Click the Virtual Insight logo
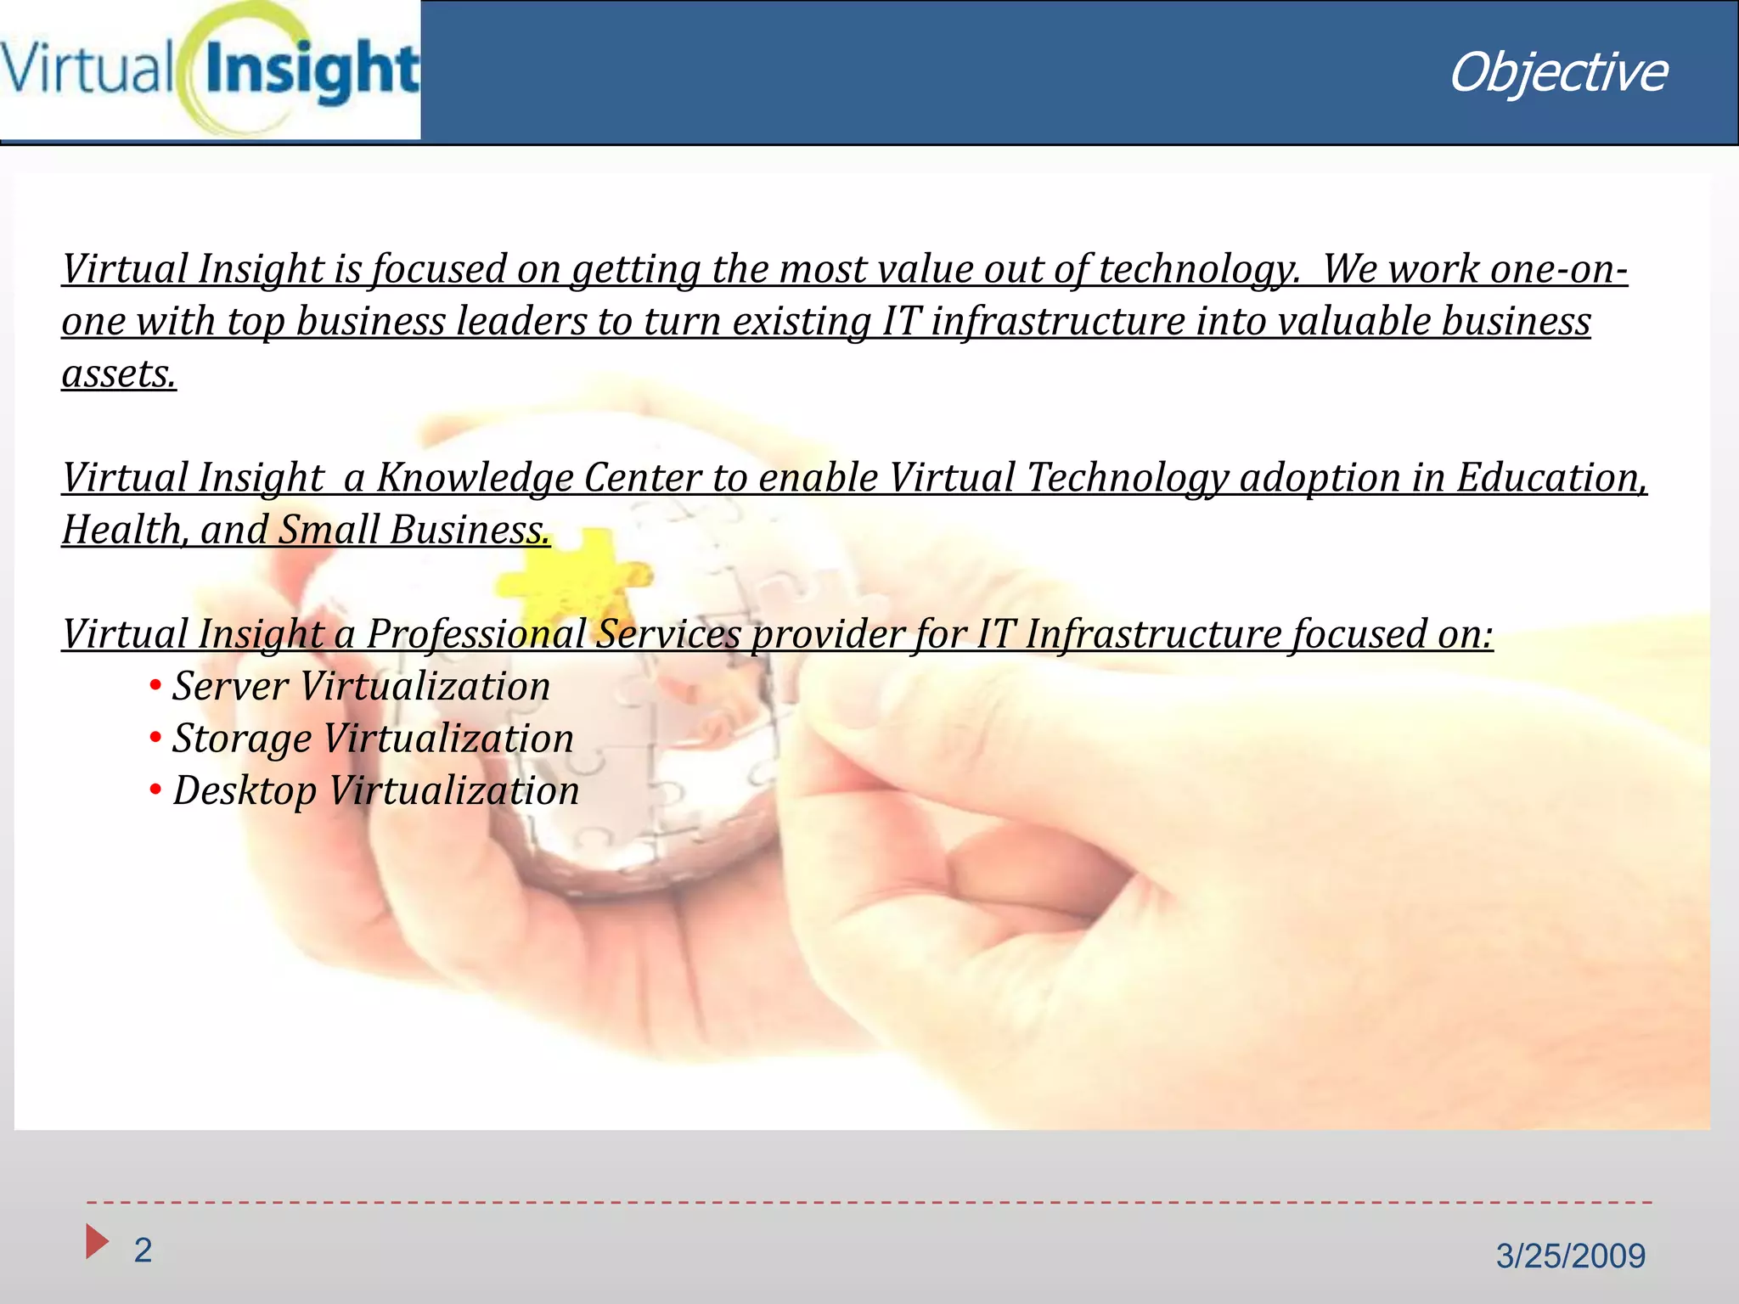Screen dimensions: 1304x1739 coord(210,70)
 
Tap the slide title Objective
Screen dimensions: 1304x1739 coord(1557,73)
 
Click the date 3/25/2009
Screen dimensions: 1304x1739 coord(1570,1256)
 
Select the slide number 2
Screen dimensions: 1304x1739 coord(143,1250)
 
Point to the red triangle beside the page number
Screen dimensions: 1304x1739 coord(97,1241)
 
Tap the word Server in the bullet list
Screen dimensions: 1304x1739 coord(230,686)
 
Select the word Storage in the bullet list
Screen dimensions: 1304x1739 coord(242,739)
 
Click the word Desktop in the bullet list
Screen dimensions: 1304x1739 coord(245,791)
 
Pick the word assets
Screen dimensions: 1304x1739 coord(119,374)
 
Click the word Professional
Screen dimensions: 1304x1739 coord(476,634)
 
